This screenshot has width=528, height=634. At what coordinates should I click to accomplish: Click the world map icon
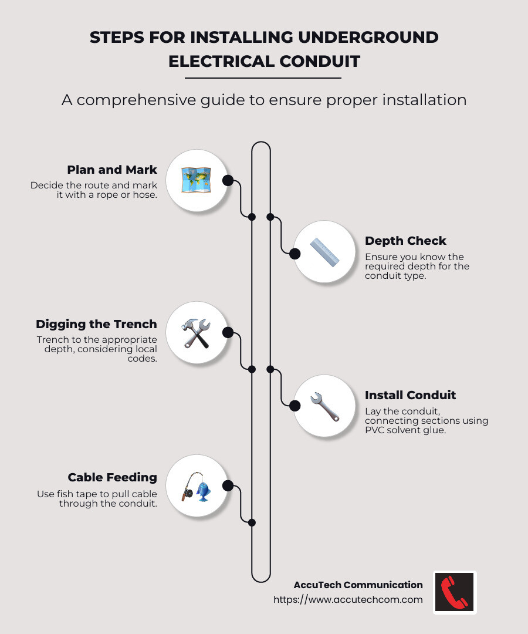pyautogui.click(x=196, y=180)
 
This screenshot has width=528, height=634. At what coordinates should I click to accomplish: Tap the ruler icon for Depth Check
pyautogui.click(x=325, y=252)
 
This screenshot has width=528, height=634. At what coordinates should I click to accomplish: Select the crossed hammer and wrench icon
pyautogui.click(x=196, y=333)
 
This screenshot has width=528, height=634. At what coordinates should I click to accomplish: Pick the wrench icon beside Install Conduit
pyautogui.click(x=325, y=406)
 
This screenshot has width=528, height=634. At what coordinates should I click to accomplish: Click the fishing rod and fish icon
pyautogui.click(x=196, y=486)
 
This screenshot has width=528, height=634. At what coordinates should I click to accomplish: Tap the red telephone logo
pyautogui.click(x=455, y=592)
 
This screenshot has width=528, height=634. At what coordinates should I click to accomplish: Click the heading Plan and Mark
pyautogui.click(x=112, y=170)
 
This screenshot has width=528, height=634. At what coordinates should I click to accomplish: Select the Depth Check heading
pyautogui.click(x=405, y=241)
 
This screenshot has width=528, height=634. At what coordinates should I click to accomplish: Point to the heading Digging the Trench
pyautogui.click(x=96, y=324)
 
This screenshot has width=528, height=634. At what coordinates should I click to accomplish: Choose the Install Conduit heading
pyautogui.click(x=410, y=395)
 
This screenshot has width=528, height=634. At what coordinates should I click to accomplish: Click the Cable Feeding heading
pyautogui.click(x=112, y=477)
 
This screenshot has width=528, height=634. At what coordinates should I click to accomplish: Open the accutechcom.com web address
pyautogui.click(x=348, y=600)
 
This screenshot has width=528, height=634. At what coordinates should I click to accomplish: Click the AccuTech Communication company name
pyautogui.click(x=358, y=585)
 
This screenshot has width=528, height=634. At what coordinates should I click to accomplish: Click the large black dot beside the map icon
pyautogui.click(x=228, y=180)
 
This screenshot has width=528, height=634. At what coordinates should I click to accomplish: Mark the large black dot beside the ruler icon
pyautogui.click(x=295, y=254)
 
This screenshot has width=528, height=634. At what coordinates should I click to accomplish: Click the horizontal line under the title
pyautogui.click(x=263, y=78)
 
